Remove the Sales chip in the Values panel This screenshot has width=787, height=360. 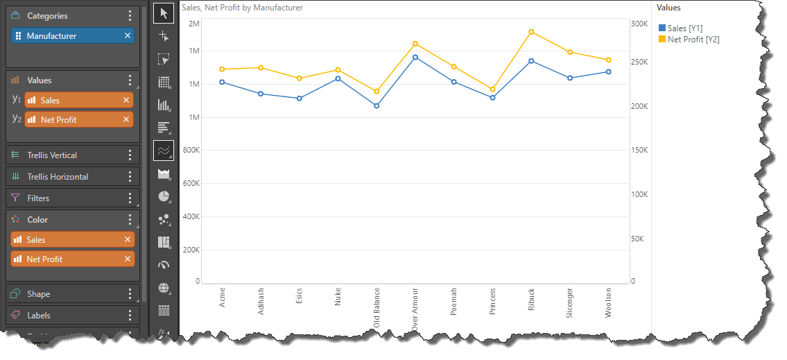[126, 101]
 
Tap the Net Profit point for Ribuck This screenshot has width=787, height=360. [531, 32]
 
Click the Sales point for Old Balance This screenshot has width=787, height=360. [377, 106]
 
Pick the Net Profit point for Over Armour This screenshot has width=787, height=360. [415, 44]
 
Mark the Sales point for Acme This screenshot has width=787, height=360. [222, 82]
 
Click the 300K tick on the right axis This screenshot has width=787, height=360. [639, 24]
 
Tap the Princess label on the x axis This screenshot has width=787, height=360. [492, 302]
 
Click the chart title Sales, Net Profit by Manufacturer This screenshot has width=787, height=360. [242, 8]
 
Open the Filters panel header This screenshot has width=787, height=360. [39, 198]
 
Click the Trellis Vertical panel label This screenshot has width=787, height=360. [52, 155]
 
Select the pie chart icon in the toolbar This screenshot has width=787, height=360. [164, 196]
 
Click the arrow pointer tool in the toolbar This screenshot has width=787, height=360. [164, 13]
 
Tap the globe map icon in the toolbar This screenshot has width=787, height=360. [164, 288]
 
